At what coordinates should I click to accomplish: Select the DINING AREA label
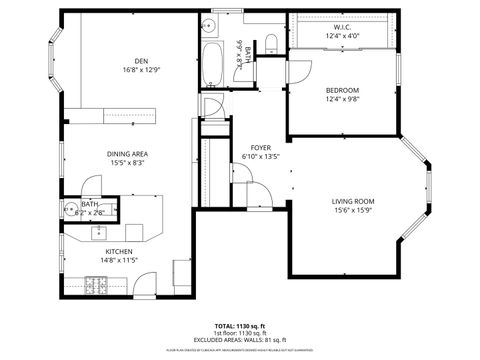[127, 154]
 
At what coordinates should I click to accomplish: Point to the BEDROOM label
[341, 90]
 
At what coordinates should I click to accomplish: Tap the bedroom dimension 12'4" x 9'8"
[341, 99]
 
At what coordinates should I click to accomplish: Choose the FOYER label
[260, 147]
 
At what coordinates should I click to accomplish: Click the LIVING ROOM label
[352, 201]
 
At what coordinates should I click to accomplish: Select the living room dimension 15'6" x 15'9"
[352, 211]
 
